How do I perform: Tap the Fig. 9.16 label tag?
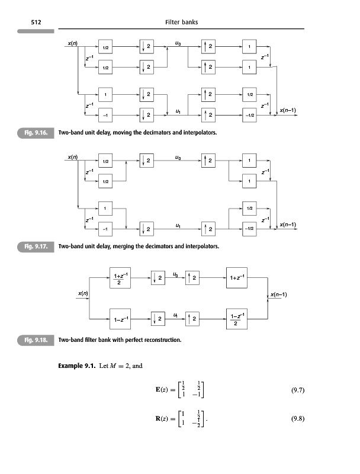coord(36,132)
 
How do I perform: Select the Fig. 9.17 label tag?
coord(36,244)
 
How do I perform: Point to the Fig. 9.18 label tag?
coord(36,341)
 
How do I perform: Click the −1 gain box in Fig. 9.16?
coord(105,114)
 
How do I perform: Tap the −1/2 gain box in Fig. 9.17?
coord(249,228)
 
